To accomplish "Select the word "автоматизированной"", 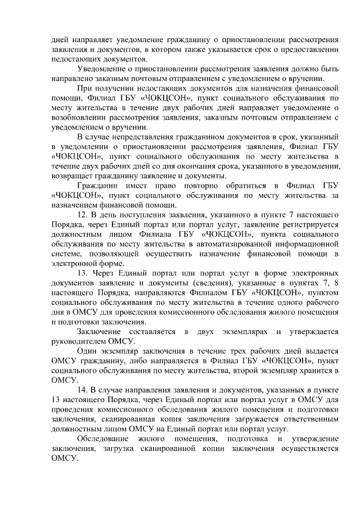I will [x=233, y=245].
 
